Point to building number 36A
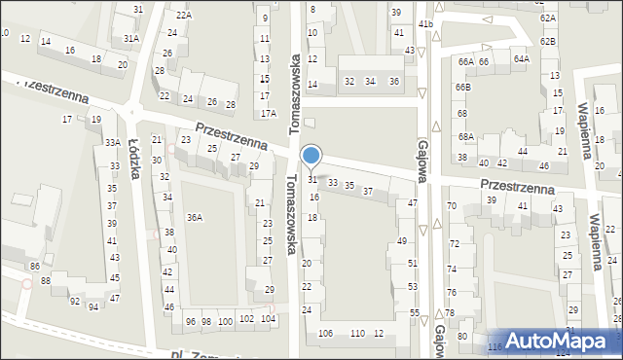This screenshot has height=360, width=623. click(195, 217)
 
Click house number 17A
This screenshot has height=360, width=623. click(268, 113)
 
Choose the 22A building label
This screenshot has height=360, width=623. click(183, 16)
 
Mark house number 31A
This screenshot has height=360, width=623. click(130, 38)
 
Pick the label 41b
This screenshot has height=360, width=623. click(424, 23)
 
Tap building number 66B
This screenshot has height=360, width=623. click(462, 88)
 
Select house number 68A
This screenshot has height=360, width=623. click(466, 137)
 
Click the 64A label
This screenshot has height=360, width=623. click(522, 59)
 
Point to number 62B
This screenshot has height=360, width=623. click(548, 41)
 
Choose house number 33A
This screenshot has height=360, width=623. click(113, 143)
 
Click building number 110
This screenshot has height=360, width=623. click(357, 334)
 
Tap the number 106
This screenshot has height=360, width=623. click(325, 334)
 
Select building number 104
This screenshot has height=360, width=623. click(269, 319)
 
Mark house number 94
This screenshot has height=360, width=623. click(93, 307)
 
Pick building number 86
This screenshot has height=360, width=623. click(34, 267)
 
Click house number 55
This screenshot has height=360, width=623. click(414, 312)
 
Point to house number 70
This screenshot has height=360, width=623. click(451, 206)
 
